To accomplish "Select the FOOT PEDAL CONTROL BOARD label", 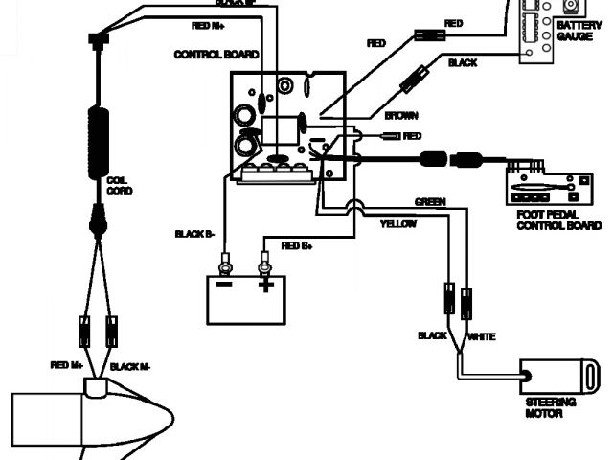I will tap(558, 221).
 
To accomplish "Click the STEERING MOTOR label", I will tap(546, 409).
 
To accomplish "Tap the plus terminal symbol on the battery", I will tap(265, 285).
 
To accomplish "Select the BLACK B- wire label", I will tap(195, 233).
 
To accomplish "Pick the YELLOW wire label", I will tap(398, 223).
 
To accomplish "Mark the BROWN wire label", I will tap(400, 115).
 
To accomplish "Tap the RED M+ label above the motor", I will tap(66, 365).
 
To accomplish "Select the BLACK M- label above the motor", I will tap(132, 365).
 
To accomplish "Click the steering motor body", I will tap(546, 375).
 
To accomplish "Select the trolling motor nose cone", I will tap(153, 417).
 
